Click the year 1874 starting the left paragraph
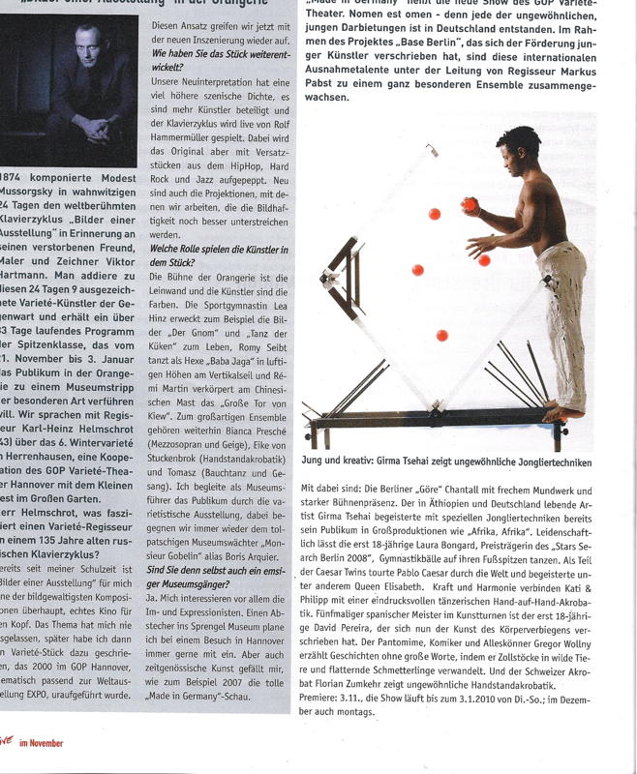point(16,179)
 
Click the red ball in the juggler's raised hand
point(470,205)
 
